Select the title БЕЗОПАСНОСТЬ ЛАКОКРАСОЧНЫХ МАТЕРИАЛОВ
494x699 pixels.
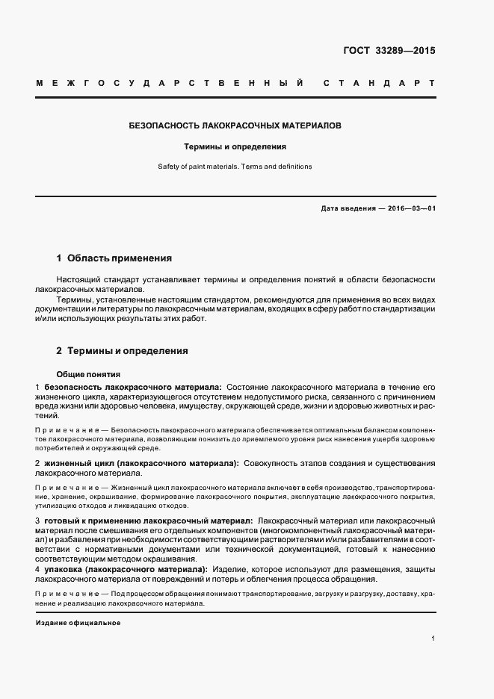pos(235,126)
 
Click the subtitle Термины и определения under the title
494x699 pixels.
pos(235,147)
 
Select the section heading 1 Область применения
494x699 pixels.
pos(114,258)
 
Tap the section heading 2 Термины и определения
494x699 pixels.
pos(122,350)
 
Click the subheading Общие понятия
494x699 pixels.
pos(88,374)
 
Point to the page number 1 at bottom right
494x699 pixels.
pos(433,639)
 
